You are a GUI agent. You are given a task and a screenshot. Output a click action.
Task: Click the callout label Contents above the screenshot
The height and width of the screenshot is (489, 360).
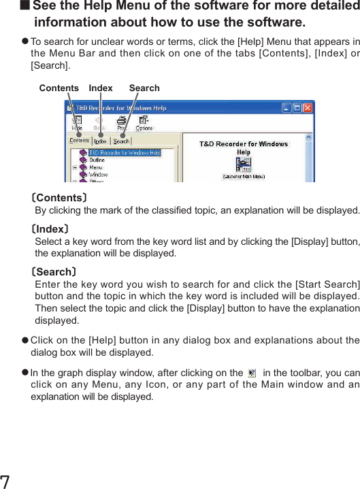[59, 88]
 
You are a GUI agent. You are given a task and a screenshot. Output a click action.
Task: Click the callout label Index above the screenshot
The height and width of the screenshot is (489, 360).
[101, 88]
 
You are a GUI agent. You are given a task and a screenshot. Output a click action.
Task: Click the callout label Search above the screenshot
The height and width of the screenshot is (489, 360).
[144, 88]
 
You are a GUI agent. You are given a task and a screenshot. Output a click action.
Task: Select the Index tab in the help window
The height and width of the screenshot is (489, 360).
[100, 141]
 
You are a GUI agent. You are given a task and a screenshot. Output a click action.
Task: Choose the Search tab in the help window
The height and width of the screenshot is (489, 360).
[121, 141]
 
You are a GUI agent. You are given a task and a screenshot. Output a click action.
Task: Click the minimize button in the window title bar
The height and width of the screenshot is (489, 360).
[287, 108]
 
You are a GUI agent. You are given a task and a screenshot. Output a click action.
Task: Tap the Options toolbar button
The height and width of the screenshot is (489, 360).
[144, 123]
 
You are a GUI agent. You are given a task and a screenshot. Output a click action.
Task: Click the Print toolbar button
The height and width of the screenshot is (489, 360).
[121, 123]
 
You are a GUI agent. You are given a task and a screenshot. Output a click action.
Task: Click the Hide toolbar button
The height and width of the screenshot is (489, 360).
[78, 123]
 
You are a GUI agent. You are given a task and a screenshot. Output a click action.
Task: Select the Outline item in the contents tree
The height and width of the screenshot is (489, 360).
[97, 160]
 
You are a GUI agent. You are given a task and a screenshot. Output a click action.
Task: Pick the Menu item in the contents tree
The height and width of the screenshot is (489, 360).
[95, 167]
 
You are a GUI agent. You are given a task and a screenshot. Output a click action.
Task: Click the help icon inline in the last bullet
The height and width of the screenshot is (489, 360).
[252, 373]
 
